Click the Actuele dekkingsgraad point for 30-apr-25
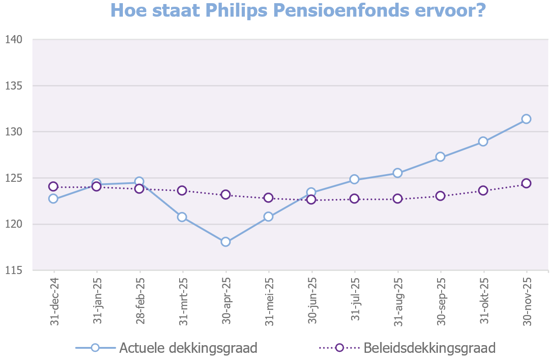click(226, 242)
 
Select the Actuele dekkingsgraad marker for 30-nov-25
click(526, 119)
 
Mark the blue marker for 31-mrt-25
click(182, 217)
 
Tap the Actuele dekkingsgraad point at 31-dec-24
click(54, 198)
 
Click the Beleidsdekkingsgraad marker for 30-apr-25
click(226, 194)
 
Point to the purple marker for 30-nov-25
click(526, 183)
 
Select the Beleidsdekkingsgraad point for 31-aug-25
click(397, 198)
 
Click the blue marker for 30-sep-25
click(440, 157)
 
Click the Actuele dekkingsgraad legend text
click(188, 348)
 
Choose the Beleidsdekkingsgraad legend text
click(429, 348)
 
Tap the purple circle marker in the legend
click(339, 348)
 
